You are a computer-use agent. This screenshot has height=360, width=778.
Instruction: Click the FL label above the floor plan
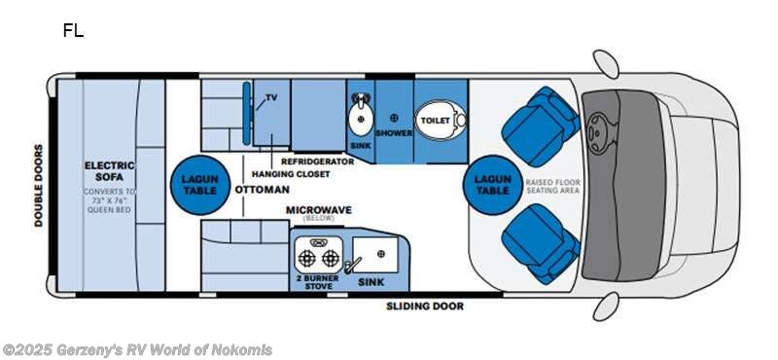click(73, 30)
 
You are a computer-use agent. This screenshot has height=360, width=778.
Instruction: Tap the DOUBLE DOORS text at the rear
click(40, 186)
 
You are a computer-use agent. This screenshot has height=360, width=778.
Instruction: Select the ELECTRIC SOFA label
click(109, 172)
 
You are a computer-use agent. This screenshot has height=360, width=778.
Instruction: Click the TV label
click(272, 97)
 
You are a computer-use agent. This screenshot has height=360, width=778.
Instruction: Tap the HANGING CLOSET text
click(290, 174)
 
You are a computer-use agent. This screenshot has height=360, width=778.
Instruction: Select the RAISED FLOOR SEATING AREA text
click(552, 186)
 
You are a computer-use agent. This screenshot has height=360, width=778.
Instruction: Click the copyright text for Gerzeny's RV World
click(138, 350)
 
